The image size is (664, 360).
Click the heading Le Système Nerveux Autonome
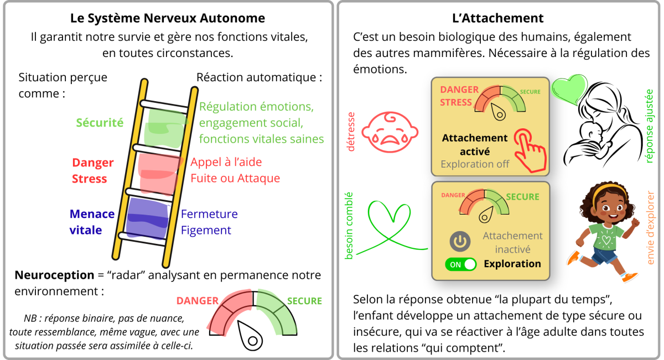[167, 18]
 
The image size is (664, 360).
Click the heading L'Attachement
[497, 18]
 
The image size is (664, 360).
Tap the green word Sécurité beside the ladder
[100, 123]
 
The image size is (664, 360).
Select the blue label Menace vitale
[92, 222]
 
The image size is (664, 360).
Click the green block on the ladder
[164, 128]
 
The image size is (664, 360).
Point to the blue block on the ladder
[147, 219]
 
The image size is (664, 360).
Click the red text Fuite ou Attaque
[235, 179]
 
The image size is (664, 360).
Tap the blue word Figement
[206, 230]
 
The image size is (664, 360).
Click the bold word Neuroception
[54, 275]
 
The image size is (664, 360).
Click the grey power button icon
[460, 241]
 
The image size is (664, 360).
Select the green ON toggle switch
[460, 264]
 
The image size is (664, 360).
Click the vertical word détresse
[351, 131]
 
